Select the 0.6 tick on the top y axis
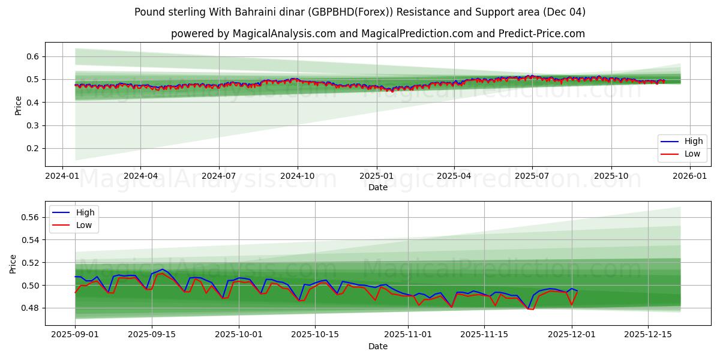pos(32,56)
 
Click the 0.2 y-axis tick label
pos(32,149)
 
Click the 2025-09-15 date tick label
pos(152,334)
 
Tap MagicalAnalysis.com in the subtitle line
pos(280,34)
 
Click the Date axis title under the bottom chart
pos(378,346)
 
